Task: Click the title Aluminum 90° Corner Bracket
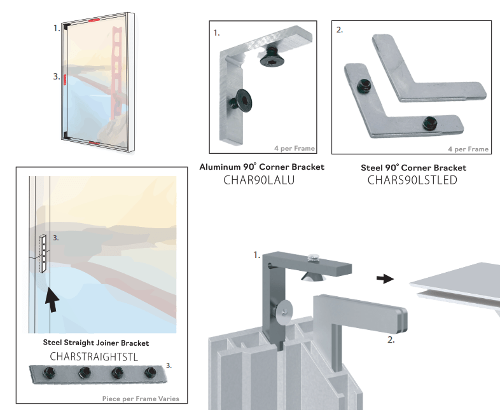click(x=261, y=167)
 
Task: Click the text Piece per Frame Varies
click(x=140, y=399)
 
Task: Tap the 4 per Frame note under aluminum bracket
click(x=293, y=149)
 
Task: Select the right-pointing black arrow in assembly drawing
click(x=384, y=278)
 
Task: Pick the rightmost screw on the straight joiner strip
click(x=151, y=372)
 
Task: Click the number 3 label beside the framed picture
click(x=56, y=77)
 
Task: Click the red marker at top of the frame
click(x=94, y=20)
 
